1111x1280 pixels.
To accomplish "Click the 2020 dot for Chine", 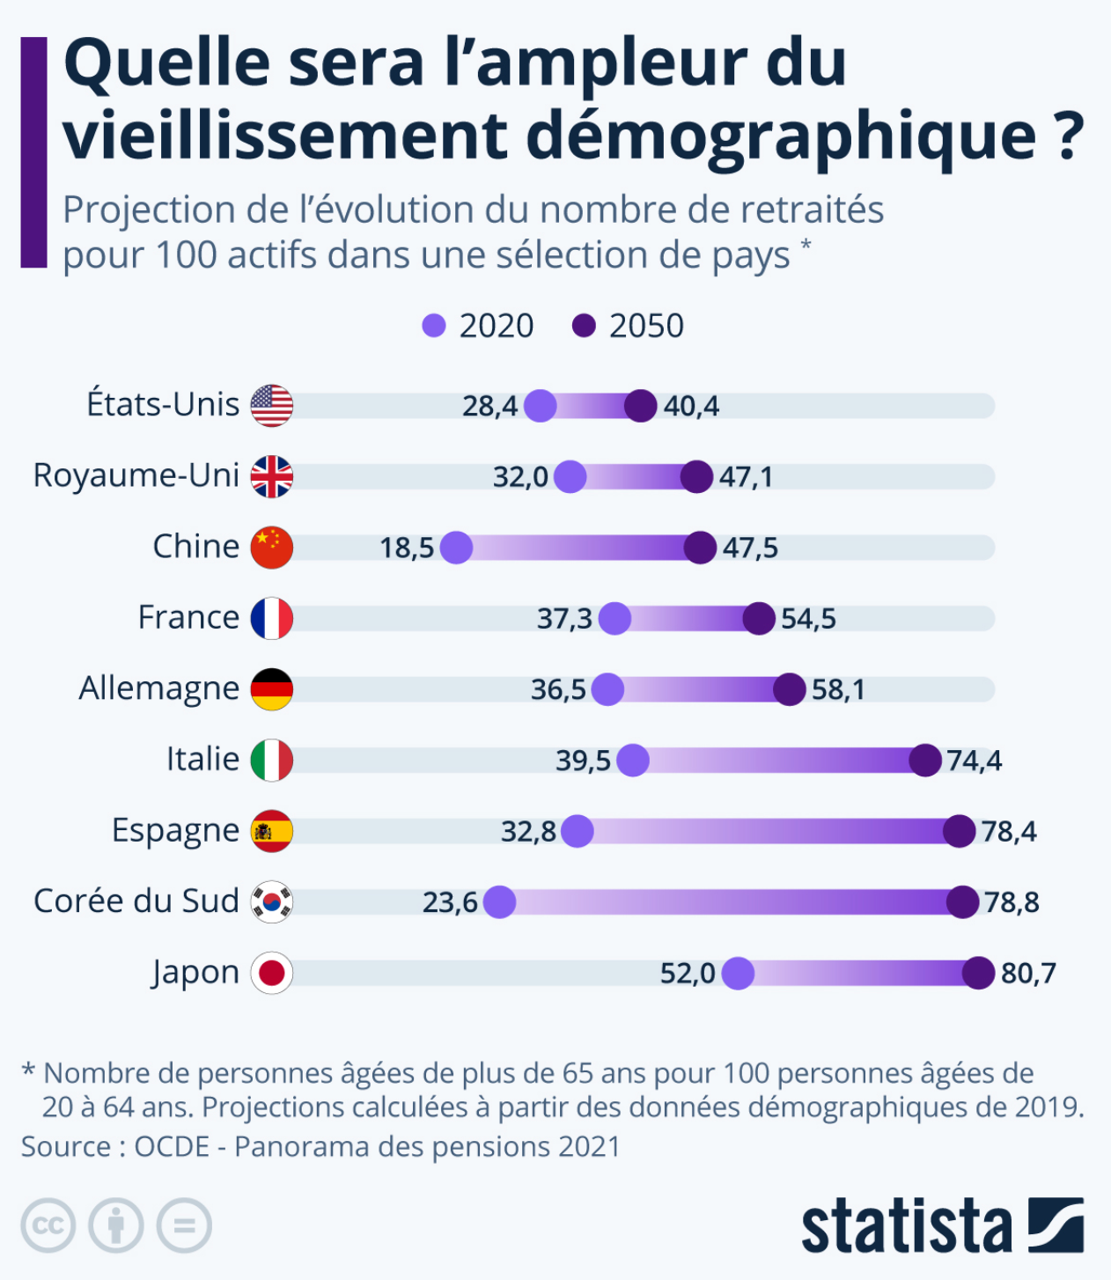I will point(456,548).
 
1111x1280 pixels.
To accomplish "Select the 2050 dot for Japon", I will point(978,973).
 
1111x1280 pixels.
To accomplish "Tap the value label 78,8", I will point(1012,902).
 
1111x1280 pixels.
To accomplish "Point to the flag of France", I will point(271,618).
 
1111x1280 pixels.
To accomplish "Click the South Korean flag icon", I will point(271,901).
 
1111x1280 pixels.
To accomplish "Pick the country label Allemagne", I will point(159,688).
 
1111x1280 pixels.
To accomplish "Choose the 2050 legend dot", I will point(584,326).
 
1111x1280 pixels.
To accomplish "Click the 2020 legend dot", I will point(434,326).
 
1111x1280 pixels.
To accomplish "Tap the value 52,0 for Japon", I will point(688,973).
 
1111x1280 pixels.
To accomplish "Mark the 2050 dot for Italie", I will point(925,760).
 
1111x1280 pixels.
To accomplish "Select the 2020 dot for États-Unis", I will point(540,406).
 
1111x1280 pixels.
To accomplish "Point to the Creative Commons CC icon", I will point(48,1225).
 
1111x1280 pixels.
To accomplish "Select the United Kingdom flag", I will point(271,476).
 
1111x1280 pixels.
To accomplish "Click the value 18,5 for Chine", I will point(407,548).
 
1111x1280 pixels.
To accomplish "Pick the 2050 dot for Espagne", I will point(959,831).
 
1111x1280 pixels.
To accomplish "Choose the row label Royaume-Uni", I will point(136,475).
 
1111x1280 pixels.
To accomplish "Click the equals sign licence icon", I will point(184,1225).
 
